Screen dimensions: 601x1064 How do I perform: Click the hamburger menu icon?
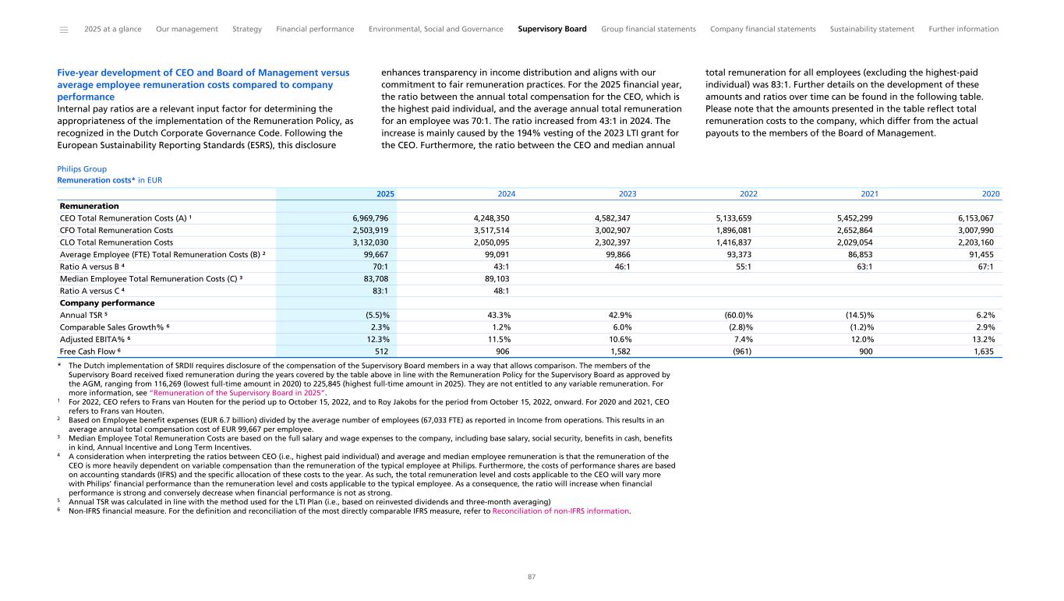point(63,30)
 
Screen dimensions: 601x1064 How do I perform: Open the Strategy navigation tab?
point(247,30)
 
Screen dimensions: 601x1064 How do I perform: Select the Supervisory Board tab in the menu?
point(552,30)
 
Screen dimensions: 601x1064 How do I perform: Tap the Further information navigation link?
point(963,30)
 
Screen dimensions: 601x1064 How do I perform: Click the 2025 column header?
point(386,194)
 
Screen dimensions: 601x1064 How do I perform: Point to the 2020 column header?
point(991,194)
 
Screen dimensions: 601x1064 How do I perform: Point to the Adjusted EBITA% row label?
point(90,339)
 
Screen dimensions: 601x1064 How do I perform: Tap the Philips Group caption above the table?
point(82,168)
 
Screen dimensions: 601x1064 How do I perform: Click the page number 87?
point(532,577)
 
